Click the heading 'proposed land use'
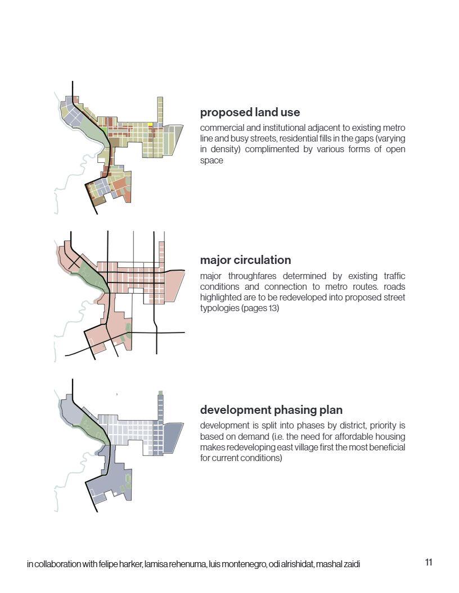250,112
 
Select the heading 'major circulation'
245,260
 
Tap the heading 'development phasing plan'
271,409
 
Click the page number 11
429,562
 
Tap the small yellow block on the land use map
150,125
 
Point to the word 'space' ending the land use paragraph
211,160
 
